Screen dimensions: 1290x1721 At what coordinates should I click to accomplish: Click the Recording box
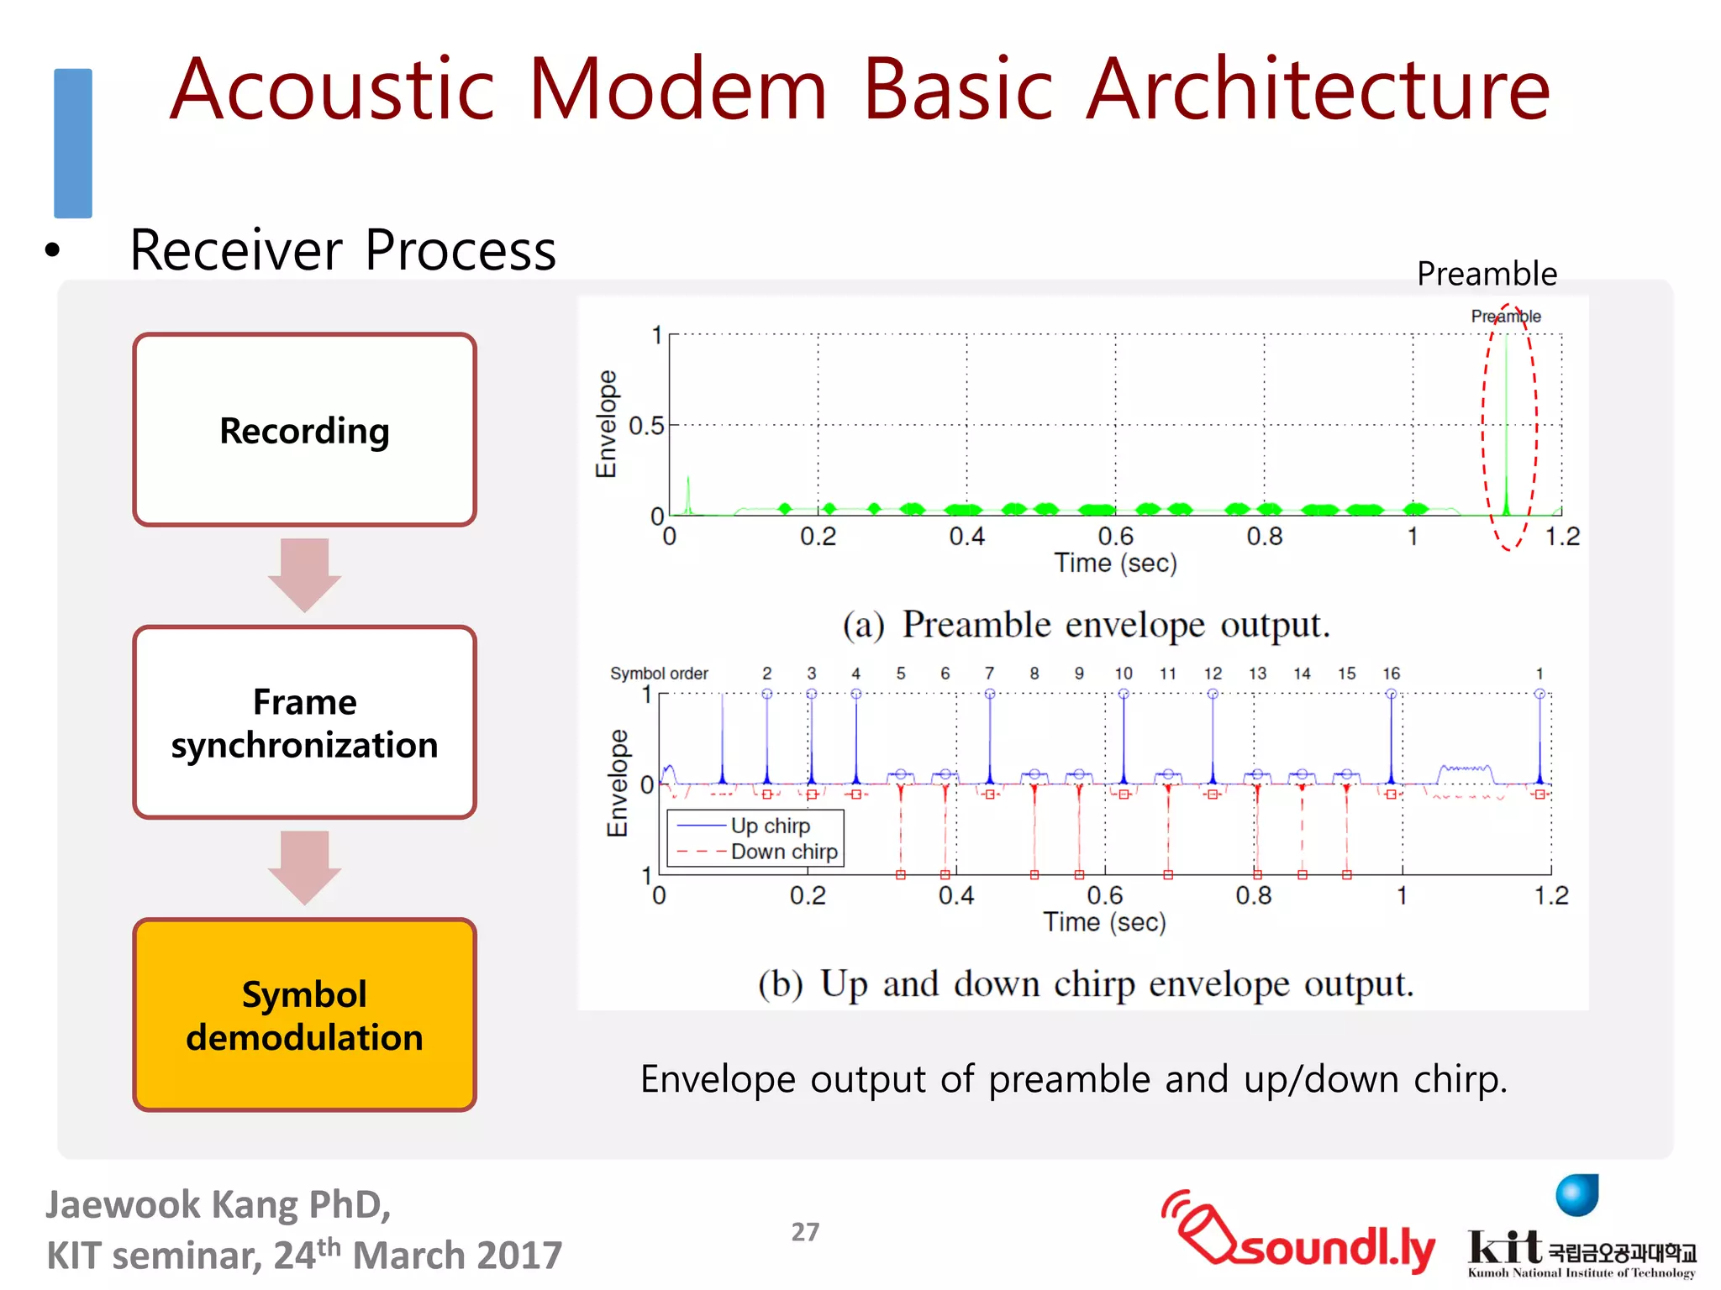coord(304,430)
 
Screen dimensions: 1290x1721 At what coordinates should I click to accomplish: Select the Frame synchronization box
coord(304,722)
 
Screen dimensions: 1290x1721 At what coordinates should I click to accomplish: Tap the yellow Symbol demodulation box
coord(304,1015)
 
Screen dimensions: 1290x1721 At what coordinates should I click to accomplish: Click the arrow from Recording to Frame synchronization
coord(304,574)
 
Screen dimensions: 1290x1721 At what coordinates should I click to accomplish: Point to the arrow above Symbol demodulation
coord(304,867)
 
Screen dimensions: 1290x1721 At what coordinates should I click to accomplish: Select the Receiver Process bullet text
coord(343,250)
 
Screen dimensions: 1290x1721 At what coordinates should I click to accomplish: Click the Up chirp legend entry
coord(769,826)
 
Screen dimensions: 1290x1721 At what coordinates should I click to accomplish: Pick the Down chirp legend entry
coord(783,852)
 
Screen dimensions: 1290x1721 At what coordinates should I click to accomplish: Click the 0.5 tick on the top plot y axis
coord(646,426)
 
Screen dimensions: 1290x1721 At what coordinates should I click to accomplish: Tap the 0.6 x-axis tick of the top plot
coord(1115,536)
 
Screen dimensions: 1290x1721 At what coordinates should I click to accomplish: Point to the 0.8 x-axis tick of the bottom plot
coord(1253,895)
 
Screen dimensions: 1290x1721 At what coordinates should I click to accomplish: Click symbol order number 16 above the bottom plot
coord(1391,674)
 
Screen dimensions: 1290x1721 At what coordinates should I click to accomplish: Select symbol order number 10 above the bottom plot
coord(1123,674)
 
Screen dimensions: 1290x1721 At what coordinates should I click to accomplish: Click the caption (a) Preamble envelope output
coord(1086,625)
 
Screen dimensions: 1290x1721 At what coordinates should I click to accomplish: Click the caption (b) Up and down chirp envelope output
coord(1086,983)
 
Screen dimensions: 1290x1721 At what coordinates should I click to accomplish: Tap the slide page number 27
coord(805,1232)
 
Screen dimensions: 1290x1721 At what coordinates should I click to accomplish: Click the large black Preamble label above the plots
coord(1486,274)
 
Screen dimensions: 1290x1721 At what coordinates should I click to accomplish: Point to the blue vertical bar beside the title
coord(73,143)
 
